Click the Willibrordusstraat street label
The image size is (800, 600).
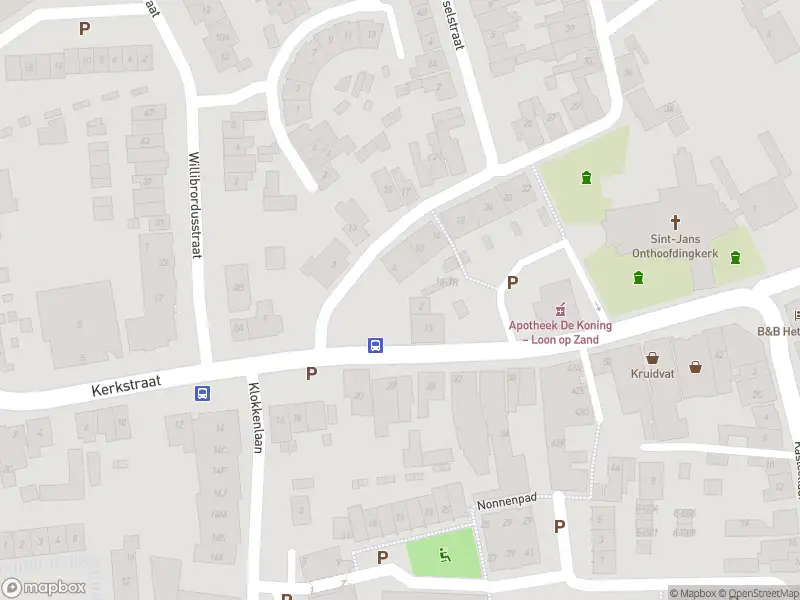point(195,204)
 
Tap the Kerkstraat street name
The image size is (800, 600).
point(125,386)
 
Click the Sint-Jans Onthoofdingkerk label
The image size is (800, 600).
point(670,246)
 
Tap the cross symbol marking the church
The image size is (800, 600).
point(675,222)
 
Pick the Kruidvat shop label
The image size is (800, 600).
point(652,374)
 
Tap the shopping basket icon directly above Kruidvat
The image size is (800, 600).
point(653,357)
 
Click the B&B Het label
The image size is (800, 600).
point(778,331)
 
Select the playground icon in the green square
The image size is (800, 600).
point(444,555)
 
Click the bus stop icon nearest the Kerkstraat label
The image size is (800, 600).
point(203,394)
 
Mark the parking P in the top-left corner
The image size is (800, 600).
point(84,28)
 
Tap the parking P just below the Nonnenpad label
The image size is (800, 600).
point(559,526)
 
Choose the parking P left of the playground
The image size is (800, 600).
point(382,557)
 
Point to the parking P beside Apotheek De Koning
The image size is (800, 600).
point(513,283)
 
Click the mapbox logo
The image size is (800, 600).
point(42,588)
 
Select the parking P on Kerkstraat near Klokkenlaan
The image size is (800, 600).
point(311,373)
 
